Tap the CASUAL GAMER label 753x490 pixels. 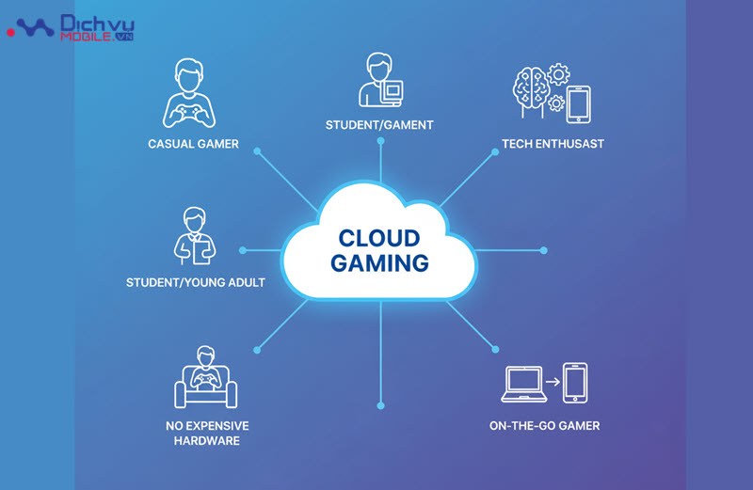tap(193, 144)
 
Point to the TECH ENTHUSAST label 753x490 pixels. tap(553, 144)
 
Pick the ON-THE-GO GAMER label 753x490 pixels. tap(544, 425)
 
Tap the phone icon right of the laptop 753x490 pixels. tap(574, 383)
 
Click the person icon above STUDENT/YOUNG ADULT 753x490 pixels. tap(195, 233)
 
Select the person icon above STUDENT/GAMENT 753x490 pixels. tap(379, 80)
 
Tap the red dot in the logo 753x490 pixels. tap(10, 32)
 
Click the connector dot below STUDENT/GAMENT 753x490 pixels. tap(380, 140)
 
